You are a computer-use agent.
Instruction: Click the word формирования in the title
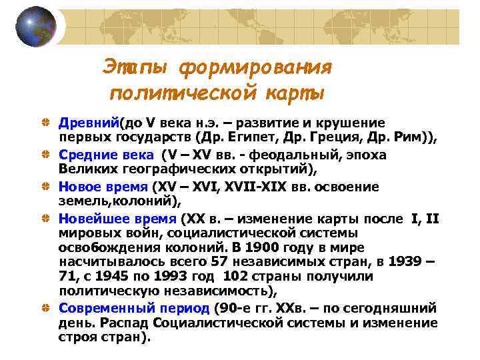pyautogui.click(x=256, y=67)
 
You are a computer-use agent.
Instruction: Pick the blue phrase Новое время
pyautogui.click(x=103, y=186)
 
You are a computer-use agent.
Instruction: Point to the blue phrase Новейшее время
pyautogui.click(x=117, y=218)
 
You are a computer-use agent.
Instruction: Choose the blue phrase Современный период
pyautogui.click(x=134, y=308)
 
